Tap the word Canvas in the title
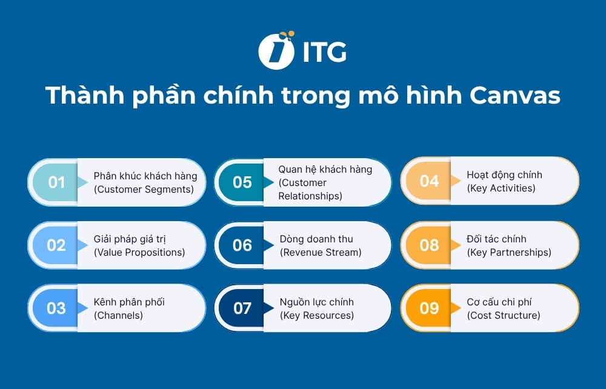pos(514,96)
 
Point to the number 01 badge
pos(56,182)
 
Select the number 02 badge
pos(56,245)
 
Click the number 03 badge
pos(56,308)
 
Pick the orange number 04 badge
pos(429,181)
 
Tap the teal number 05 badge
pos(242,182)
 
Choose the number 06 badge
pos(242,245)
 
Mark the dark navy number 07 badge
pos(242,308)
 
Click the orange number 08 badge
pos(429,245)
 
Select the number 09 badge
pos(429,308)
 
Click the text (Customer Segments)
pos(144,189)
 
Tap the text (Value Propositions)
pos(139,252)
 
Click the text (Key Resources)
pos(317,315)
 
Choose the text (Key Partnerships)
pos(509,252)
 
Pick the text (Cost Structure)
pos(504,315)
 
